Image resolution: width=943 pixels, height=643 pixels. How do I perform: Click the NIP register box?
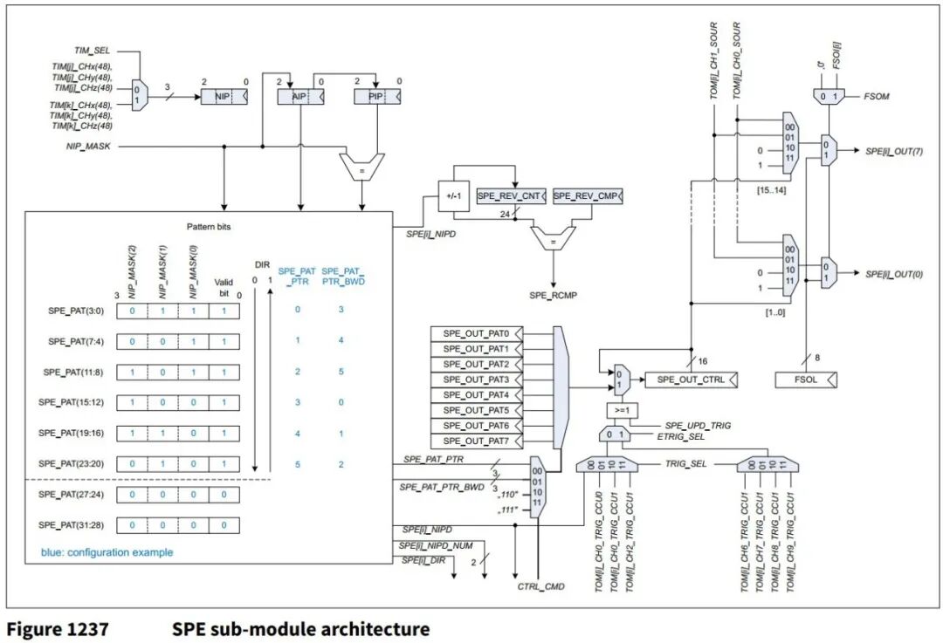(224, 98)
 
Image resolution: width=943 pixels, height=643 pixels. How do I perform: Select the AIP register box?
(300, 98)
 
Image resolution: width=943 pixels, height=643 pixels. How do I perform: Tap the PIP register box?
(375, 98)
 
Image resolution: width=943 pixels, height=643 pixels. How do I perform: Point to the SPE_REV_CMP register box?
(588, 196)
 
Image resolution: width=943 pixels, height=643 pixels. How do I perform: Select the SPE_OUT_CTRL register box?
(691, 380)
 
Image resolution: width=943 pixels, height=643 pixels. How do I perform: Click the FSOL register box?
(807, 380)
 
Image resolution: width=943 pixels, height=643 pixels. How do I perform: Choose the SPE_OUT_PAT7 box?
(475, 441)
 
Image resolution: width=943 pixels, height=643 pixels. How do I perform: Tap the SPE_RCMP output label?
(550, 296)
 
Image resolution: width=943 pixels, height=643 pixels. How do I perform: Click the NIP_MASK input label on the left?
(86, 147)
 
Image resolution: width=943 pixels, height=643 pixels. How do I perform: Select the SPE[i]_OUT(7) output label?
(894, 152)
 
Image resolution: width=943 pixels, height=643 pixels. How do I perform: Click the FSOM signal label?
(878, 97)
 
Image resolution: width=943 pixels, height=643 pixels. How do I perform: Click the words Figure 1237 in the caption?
(59, 628)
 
